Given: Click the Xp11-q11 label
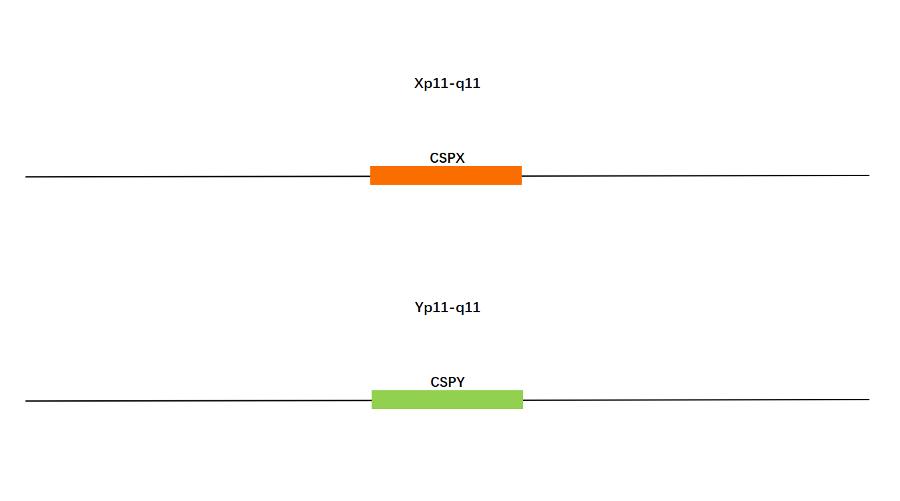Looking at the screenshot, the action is coord(447,83).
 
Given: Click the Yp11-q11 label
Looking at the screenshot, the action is coord(448,308).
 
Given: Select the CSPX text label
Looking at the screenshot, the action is coord(447,158).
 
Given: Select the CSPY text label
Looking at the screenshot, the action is coord(448,382).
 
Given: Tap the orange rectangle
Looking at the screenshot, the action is coord(446,175).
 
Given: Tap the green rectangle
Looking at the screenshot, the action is coord(447,400).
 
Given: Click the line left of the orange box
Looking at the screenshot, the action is coord(197,176).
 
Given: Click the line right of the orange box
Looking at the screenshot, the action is coord(695,175).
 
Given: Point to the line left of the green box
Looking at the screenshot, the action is coord(199,400).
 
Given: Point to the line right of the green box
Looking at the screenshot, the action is coord(697,400).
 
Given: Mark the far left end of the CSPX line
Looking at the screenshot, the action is coord(26,177).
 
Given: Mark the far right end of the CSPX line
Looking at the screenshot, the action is coord(869,175).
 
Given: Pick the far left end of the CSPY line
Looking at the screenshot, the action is coord(26,401).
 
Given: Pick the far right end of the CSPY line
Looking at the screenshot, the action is coord(869,400).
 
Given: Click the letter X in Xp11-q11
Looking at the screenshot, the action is coord(419,83).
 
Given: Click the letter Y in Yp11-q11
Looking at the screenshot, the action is coord(420,308).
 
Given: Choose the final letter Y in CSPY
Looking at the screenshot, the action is coord(460,382).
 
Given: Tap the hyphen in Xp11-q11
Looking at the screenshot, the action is coord(453,84).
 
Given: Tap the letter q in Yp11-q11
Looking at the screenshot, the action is coord(461,309).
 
